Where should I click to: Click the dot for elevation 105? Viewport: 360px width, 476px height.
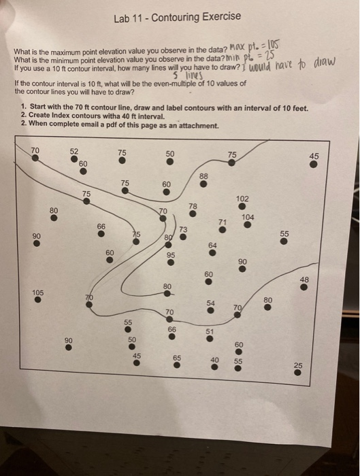[38, 299]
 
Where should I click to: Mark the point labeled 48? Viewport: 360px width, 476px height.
[304, 286]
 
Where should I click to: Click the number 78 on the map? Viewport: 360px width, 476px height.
[193, 205]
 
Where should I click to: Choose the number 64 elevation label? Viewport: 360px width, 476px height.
[213, 245]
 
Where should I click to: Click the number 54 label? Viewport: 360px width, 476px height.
[211, 303]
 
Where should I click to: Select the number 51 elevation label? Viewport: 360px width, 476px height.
[210, 330]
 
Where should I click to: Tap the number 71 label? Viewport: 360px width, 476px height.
[222, 222]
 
